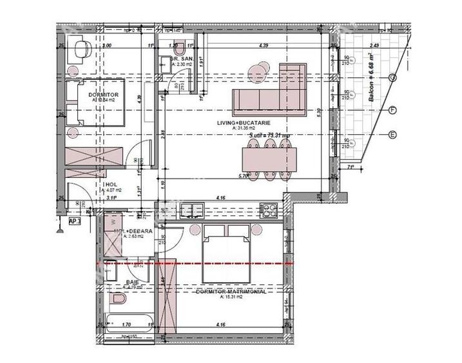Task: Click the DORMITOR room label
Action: tap(101, 94)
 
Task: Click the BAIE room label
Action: tap(132, 282)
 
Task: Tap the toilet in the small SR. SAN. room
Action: tap(182, 46)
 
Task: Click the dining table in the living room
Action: tap(267, 157)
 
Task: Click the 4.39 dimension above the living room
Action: tap(263, 46)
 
